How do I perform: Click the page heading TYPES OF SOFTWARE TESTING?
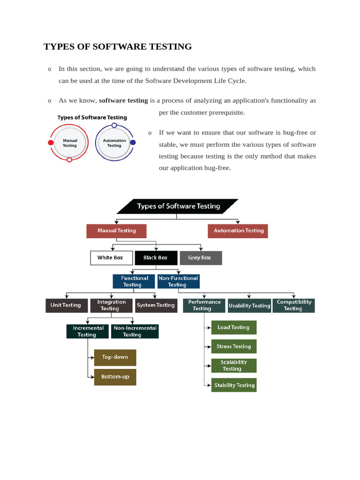118,46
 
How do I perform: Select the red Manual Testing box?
116,231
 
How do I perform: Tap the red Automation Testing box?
238,231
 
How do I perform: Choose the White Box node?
111,258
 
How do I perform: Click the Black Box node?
156,258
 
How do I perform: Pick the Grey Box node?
200,258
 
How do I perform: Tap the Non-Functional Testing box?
178,281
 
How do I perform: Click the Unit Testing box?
66,306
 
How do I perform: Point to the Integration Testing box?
111,306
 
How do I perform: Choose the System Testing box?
156,306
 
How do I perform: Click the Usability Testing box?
249,306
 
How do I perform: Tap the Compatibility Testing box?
293,306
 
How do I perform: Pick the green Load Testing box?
233,328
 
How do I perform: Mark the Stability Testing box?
234,385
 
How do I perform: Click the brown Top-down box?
115,357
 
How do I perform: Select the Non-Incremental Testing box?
135,331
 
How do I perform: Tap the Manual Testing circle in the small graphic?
70,142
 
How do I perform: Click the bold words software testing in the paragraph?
123,100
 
